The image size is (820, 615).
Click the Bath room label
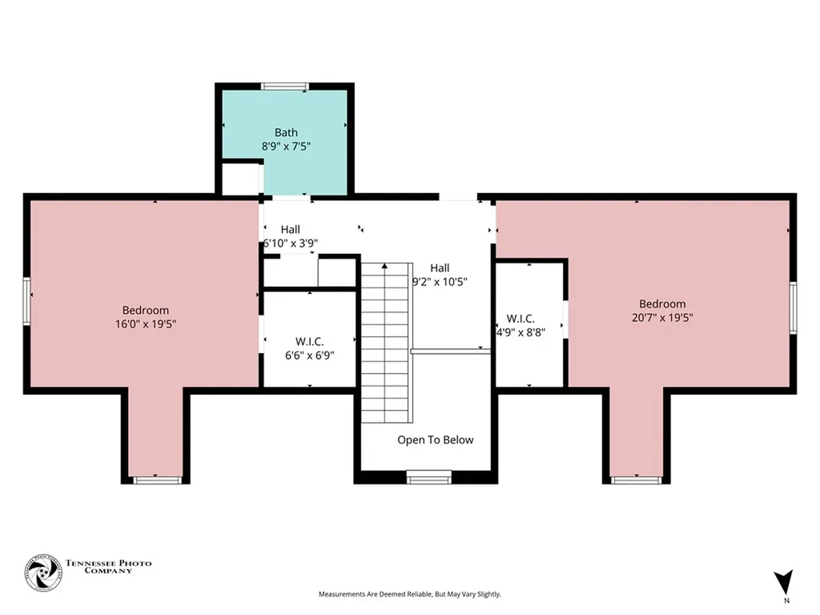286,133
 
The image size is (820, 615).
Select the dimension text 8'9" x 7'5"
286,147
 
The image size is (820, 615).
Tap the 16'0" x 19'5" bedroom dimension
146,324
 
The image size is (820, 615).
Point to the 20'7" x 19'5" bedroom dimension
662,317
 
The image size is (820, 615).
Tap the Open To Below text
435,440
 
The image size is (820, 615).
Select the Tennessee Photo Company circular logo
43,573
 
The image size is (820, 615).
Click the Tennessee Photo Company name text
108,567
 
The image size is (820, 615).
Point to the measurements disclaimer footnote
410,594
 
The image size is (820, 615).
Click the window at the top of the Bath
285,86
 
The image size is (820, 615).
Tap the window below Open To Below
429,476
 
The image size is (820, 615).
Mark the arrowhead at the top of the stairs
385,266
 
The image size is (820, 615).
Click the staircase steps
385,343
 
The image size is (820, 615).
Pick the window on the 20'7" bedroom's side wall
793,307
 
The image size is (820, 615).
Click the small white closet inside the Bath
241,179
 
